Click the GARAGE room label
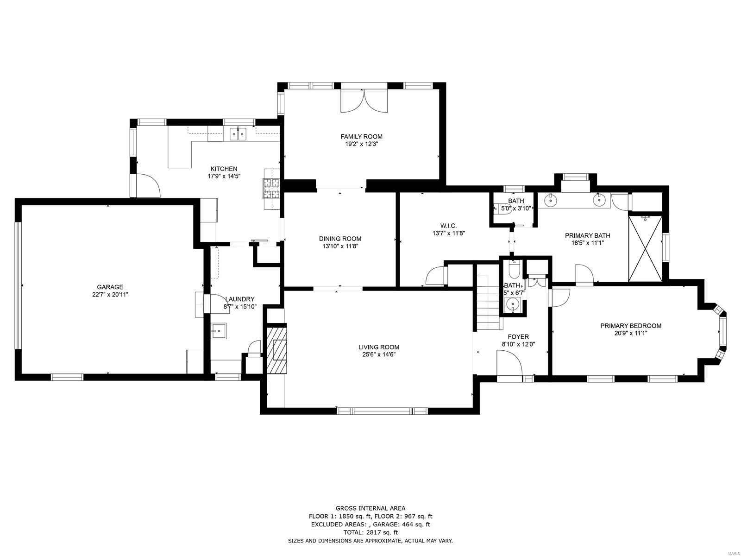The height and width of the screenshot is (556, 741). coord(110,287)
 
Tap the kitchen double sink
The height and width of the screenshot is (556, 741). coord(238,133)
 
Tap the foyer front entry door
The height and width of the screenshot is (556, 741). coord(509,364)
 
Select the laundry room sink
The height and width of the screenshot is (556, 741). coord(219,331)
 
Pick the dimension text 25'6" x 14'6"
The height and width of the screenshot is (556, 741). coord(378,354)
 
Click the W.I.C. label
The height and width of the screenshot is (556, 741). coord(448,226)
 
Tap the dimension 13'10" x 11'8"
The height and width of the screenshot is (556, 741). coord(340,246)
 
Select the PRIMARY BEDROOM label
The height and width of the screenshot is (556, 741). coord(630,326)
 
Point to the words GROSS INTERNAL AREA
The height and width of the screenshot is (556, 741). coord(370,508)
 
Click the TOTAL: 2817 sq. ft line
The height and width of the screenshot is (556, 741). coord(370,532)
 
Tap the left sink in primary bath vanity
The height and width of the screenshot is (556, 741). coord(551,200)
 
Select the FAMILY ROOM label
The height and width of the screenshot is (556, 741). coord(361,136)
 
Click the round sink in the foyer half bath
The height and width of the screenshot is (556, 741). coord(512,304)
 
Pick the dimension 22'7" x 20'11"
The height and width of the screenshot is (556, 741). coord(110,294)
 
